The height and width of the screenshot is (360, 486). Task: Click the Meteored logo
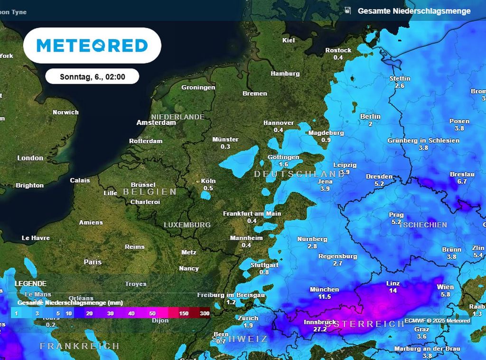92,46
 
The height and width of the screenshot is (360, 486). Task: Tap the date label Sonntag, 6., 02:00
93,76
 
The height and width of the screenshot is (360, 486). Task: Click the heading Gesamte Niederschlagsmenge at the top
414,10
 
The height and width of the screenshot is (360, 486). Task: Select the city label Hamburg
285,74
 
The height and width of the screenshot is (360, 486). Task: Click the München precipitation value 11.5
324,296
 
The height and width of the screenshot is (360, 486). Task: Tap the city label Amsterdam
156,123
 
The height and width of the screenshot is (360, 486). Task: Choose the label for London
30,158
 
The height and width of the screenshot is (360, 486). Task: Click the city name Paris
93,262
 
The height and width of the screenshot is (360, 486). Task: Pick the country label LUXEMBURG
187,225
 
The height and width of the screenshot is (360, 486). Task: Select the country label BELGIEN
150,192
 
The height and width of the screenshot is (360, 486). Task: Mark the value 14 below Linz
393,291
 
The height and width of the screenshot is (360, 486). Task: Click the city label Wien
445,287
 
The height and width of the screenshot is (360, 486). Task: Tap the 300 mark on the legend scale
205,313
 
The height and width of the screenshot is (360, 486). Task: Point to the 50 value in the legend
152,313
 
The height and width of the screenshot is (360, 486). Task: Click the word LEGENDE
31,283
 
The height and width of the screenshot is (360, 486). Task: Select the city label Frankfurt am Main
252,214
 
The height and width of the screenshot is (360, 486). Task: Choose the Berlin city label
370,116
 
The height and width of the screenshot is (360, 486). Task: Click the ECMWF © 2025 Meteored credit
437,321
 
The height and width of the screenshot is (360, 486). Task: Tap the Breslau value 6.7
462,181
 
